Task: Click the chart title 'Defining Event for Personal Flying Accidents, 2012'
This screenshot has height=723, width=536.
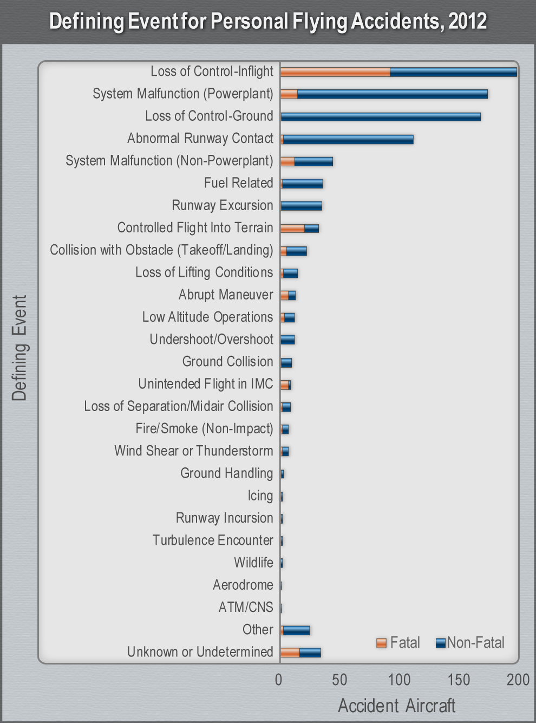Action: (x=268, y=22)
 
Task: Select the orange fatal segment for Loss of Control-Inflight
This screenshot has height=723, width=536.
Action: (x=335, y=72)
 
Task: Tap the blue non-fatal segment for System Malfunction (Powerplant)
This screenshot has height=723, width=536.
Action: (x=392, y=94)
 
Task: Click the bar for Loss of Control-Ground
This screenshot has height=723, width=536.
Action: (x=380, y=116)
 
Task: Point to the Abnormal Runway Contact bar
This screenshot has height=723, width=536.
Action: (x=348, y=139)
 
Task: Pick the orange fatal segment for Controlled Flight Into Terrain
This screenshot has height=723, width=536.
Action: (x=292, y=229)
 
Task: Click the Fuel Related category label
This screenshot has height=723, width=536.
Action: (x=238, y=183)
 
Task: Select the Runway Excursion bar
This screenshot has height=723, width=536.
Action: (x=301, y=206)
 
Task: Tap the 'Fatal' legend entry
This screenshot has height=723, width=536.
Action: (x=398, y=643)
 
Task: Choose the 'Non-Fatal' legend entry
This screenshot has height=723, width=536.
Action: (x=470, y=643)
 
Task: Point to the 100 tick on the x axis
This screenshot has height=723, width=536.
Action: (x=399, y=680)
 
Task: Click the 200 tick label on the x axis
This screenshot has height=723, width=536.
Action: (x=518, y=680)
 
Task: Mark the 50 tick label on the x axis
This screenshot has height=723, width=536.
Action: (x=339, y=680)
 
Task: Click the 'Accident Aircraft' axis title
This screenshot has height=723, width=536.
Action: (x=396, y=706)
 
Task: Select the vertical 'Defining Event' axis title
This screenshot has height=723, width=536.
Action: (x=19, y=348)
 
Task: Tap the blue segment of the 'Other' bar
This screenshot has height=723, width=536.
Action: (x=296, y=630)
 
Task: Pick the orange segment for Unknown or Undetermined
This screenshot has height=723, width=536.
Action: (x=290, y=653)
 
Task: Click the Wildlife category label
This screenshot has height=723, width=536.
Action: (x=253, y=563)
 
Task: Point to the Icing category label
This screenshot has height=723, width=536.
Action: (x=260, y=496)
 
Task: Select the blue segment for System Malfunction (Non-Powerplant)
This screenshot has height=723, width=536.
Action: (x=313, y=161)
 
